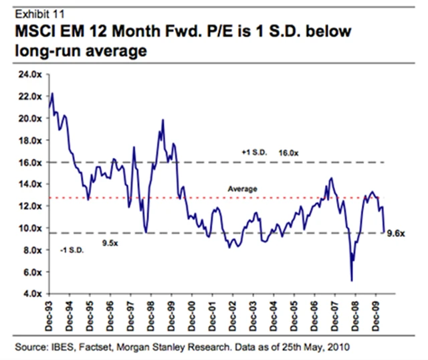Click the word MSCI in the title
point(34,31)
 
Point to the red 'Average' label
point(243,190)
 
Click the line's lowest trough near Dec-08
point(352,280)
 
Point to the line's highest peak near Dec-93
point(52,94)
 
